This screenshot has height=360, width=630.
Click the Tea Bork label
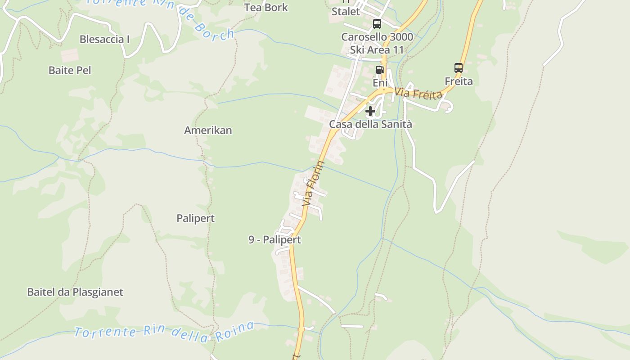click(x=266, y=7)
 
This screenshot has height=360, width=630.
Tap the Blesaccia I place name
click(x=104, y=39)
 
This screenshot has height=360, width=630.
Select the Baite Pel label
click(x=70, y=70)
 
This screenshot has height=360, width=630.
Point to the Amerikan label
click(x=208, y=130)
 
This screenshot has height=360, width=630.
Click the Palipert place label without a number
click(x=195, y=218)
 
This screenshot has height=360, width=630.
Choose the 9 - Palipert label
click(x=274, y=240)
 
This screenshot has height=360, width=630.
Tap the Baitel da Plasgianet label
click(x=75, y=292)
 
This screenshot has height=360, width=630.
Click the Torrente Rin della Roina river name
click(x=164, y=332)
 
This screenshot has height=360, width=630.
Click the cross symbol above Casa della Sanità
click(x=370, y=111)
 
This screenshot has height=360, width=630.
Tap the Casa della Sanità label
click(x=370, y=124)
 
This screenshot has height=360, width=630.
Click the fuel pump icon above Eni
click(x=379, y=70)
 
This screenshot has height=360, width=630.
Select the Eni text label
click(x=380, y=83)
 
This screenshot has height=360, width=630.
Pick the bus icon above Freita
click(x=459, y=68)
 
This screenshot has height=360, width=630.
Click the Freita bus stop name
click(x=459, y=81)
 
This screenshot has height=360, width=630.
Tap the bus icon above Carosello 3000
click(x=377, y=24)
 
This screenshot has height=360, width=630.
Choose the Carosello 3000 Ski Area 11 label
click(x=377, y=43)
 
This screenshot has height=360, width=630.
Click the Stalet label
click(x=346, y=12)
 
